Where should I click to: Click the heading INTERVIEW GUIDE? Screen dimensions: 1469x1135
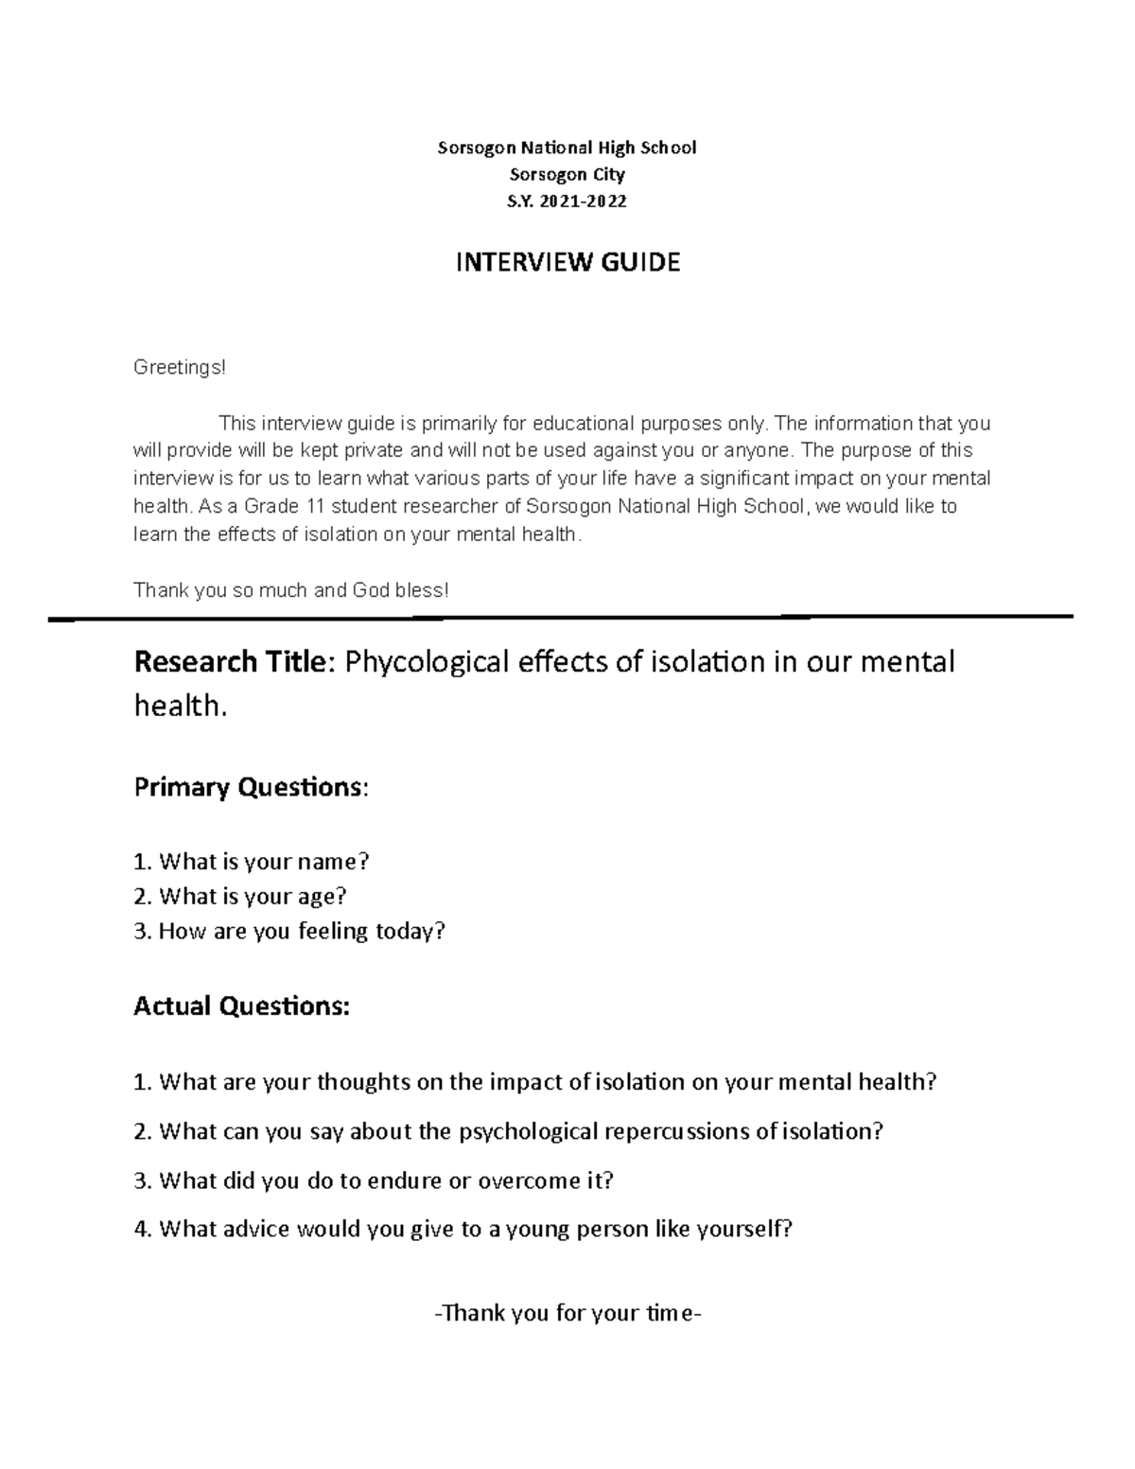tap(567, 263)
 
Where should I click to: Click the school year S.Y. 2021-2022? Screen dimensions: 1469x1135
tap(567, 201)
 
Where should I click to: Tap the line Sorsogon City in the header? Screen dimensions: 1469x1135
tap(567, 175)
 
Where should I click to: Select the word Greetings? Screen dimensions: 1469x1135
tap(180, 367)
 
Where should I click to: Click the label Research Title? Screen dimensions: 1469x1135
tap(229, 661)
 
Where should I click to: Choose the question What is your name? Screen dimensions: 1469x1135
tap(252, 862)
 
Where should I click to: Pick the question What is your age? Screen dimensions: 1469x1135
tap(241, 896)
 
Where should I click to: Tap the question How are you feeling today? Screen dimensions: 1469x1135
tap(289, 931)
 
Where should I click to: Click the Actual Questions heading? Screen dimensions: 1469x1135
tap(242, 1006)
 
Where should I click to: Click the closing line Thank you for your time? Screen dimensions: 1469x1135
tap(567, 1314)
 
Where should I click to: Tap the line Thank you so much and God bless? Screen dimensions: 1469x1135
tap(291, 590)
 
